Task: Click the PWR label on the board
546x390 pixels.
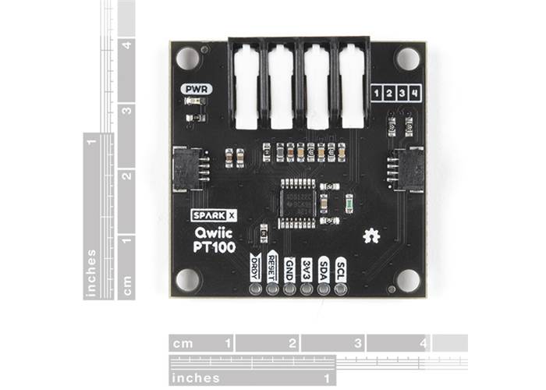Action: click(193, 88)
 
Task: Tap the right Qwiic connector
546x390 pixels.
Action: click(406, 167)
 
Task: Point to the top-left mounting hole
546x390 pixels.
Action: click(186, 58)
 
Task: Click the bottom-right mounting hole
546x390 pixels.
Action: click(406, 278)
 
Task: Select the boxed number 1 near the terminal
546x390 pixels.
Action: click(378, 94)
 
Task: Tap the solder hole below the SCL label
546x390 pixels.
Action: click(341, 289)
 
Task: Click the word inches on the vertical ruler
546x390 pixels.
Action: click(92, 273)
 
